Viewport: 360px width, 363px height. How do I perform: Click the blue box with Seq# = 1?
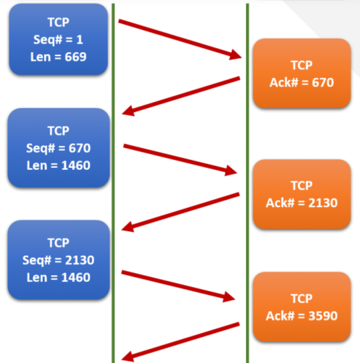[58, 39]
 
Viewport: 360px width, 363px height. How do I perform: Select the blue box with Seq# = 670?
[58, 148]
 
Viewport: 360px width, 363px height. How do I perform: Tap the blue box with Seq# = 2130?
[58, 260]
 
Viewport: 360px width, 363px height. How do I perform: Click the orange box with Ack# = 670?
[302, 73]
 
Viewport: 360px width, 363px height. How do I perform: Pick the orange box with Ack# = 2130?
[302, 194]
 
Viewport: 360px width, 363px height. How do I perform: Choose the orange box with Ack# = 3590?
[302, 307]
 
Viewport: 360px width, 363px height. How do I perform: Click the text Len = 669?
[58, 57]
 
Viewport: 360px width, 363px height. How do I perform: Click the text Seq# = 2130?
[58, 260]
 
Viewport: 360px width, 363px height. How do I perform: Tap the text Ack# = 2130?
[302, 203]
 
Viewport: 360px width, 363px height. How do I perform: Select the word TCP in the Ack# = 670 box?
[302, 65]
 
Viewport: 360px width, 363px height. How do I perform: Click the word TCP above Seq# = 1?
[58, 22]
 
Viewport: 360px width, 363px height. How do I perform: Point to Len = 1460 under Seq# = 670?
[58, 165]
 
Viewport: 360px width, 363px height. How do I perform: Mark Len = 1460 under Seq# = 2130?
[58, 277]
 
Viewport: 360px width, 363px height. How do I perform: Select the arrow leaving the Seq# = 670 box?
[179, 159]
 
